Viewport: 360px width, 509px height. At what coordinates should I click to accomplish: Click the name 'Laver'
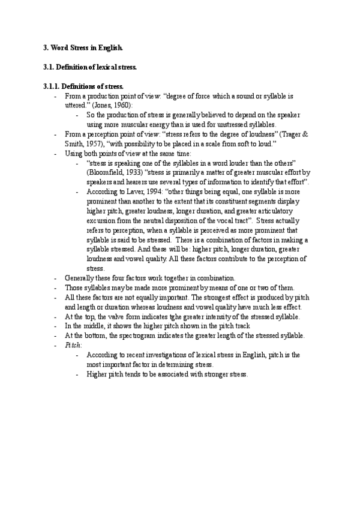133,191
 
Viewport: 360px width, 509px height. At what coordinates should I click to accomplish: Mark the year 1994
152,191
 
